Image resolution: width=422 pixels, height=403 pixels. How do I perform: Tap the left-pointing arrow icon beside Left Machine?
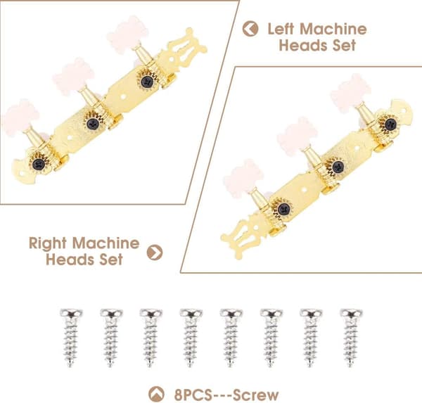click(x=250, y=29)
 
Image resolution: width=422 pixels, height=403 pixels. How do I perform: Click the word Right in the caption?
click(x=47, y=244)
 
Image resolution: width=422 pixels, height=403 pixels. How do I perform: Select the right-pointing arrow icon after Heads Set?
click(x=155, y=252)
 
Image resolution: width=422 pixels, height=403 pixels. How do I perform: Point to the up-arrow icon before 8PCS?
click(x=156, y=394)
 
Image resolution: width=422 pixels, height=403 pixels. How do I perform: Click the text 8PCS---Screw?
click(x=226, y=395)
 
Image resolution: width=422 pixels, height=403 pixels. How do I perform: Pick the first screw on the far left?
click(x=70, y=338)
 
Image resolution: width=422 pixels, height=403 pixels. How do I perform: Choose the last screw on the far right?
click(x=351, y=338)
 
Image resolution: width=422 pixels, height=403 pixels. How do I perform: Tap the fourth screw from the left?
click(x=191, y=338)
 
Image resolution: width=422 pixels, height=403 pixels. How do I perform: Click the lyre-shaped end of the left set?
click(x=184, y=51)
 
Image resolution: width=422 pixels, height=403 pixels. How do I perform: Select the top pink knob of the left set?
click(x=127, y=34)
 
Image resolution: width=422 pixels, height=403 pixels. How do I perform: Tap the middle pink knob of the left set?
click(x=73, y=77)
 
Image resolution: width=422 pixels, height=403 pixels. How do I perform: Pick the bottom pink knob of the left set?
click(x=20, y=118)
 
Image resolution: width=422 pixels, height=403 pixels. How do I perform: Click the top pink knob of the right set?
click(x=351, y=93)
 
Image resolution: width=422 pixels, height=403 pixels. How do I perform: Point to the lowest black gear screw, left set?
click(x=39, y=164)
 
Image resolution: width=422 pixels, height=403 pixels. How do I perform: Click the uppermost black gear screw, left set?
click(x=147, y=82)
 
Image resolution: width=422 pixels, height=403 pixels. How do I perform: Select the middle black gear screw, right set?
click(x=338, y=167)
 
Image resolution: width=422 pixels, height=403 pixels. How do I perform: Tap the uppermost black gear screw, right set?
click(x=391, y=124)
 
